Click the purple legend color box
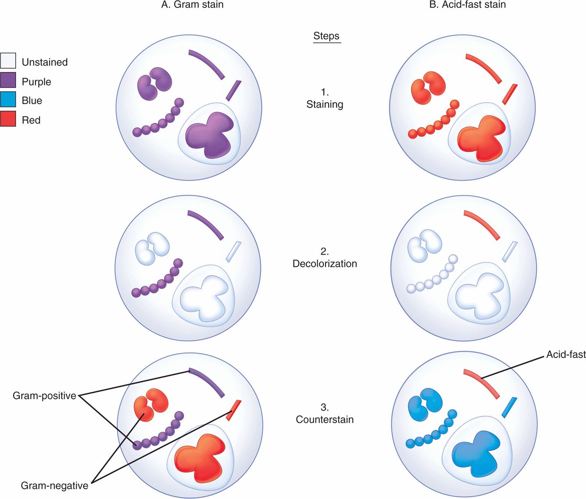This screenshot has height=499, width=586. point(8,81)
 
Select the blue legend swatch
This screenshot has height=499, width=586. point(8,100)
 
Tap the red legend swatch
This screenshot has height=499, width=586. point(8,119)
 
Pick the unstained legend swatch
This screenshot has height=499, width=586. point(8,61)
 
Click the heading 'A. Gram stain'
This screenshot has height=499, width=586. point(192,5)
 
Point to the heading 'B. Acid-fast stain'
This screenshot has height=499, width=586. point(467,5)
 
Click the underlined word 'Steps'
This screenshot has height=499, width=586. point(326,36)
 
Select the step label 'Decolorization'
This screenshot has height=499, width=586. point(325,264)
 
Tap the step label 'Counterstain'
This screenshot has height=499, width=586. point(325,419)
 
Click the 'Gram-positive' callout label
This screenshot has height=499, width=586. point(44,396)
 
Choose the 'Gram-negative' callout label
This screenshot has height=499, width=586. point(54,485)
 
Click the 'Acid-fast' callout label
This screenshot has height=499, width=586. point(565,354)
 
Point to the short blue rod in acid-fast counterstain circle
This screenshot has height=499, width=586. point(509,407)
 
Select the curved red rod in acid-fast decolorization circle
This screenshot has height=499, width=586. point(482,224)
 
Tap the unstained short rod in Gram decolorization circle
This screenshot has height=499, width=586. point(233,251)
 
